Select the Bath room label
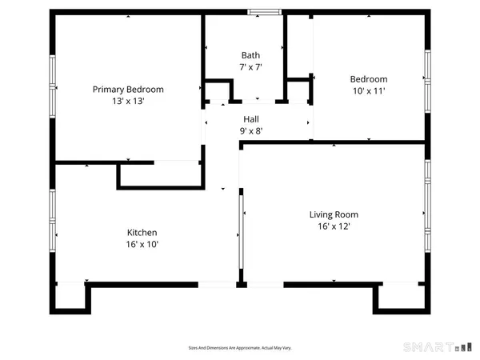pos(250,55)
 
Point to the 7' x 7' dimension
pos(250,67)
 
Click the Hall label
pos(251,118)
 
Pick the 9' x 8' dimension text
pos(251,130)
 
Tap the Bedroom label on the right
pos(369,79)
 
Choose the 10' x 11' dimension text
pos(369,91)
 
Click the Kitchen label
pos(130,232)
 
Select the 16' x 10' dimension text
pos(130,245)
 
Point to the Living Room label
pos(334,214)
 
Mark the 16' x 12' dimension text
pos(334,226)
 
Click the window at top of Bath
pos(263,12)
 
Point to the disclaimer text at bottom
pos(239,348)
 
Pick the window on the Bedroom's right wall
pos(427,80)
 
